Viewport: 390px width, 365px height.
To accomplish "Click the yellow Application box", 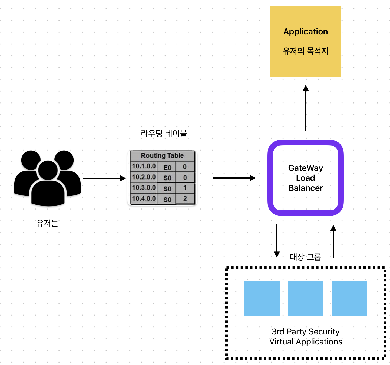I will tap(305, 41).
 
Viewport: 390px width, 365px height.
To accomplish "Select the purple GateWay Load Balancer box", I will tap(305, 178).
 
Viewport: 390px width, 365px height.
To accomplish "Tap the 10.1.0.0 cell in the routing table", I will tap(144, 166).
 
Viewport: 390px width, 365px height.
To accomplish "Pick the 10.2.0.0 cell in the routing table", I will tap(144, 177).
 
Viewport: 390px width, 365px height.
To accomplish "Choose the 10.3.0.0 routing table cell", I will tap(144, 188).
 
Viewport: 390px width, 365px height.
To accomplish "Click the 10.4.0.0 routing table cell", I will tap(144, 198).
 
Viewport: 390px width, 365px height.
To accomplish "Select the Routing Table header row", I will tap(162, 155).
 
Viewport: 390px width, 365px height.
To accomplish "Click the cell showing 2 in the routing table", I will tap(185, 199).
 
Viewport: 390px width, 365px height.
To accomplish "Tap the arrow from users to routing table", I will tap(104, 178).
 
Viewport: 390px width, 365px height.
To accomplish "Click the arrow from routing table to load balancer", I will tap(234, 178).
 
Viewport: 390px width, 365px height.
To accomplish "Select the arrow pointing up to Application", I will tap(306, 108).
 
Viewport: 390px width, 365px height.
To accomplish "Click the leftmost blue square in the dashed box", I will tap(262, 298).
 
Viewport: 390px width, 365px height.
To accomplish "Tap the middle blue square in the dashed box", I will tap(305, 298).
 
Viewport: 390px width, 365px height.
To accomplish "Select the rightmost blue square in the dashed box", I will tap(349, 298).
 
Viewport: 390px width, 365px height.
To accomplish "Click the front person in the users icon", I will tap(48, 187).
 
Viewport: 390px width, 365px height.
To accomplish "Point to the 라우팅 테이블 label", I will tap(164, 133).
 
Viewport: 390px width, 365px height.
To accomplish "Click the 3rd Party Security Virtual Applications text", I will tap(306, 337).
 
